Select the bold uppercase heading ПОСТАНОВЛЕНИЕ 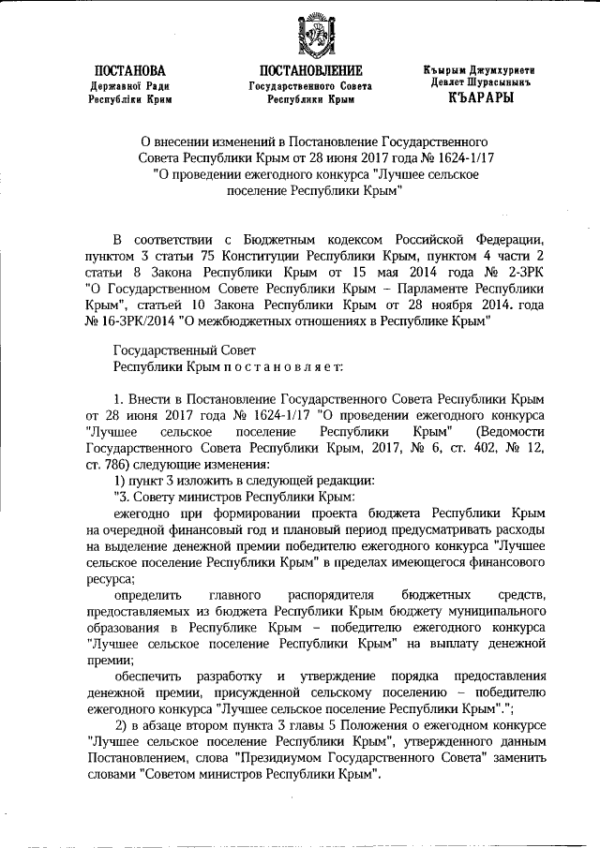click(x=310, y=72)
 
